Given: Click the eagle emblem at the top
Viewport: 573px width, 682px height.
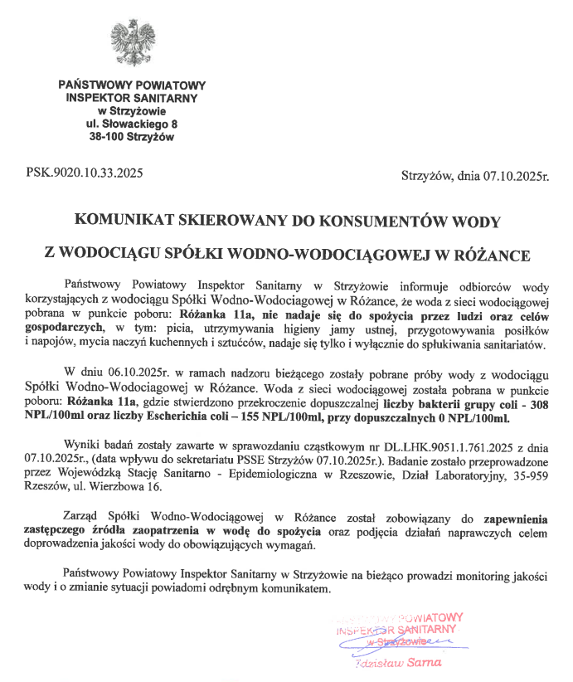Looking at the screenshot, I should [133, 45].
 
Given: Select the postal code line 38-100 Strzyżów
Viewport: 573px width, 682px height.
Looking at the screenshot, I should [132, 137].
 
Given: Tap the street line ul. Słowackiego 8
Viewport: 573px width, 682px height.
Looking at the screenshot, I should [132, 124].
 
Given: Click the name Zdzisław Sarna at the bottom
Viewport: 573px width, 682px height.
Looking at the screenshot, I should [395, 663].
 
